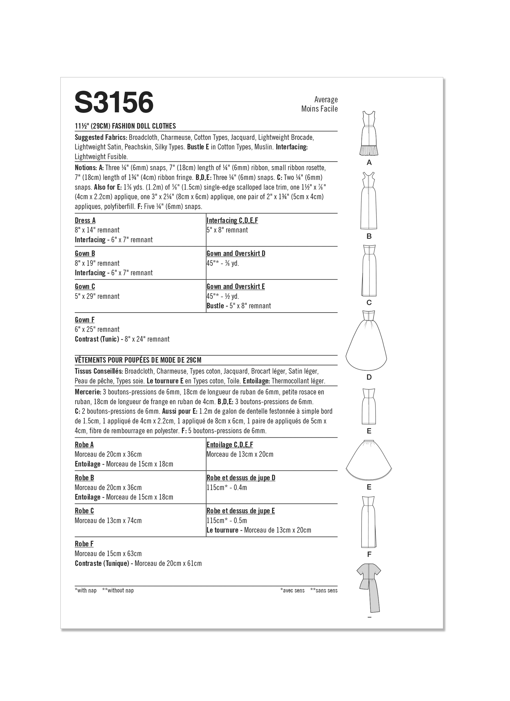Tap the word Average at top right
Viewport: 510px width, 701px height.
point(326,100)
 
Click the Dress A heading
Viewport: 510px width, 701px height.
point(85,220)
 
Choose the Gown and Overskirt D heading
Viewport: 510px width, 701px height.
point(236,254)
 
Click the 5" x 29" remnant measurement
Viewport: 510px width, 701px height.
point(97,296)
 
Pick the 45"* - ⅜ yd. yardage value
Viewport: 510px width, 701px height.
point(223,263)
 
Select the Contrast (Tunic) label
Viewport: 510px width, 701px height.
point(97,339)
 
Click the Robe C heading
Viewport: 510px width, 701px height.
point(84,511)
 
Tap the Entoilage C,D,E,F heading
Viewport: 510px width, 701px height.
point(230,445)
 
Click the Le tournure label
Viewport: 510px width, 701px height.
point(222,530)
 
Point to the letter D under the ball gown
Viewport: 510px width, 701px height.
point(369,377)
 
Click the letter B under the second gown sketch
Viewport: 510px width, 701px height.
point(369,237)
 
